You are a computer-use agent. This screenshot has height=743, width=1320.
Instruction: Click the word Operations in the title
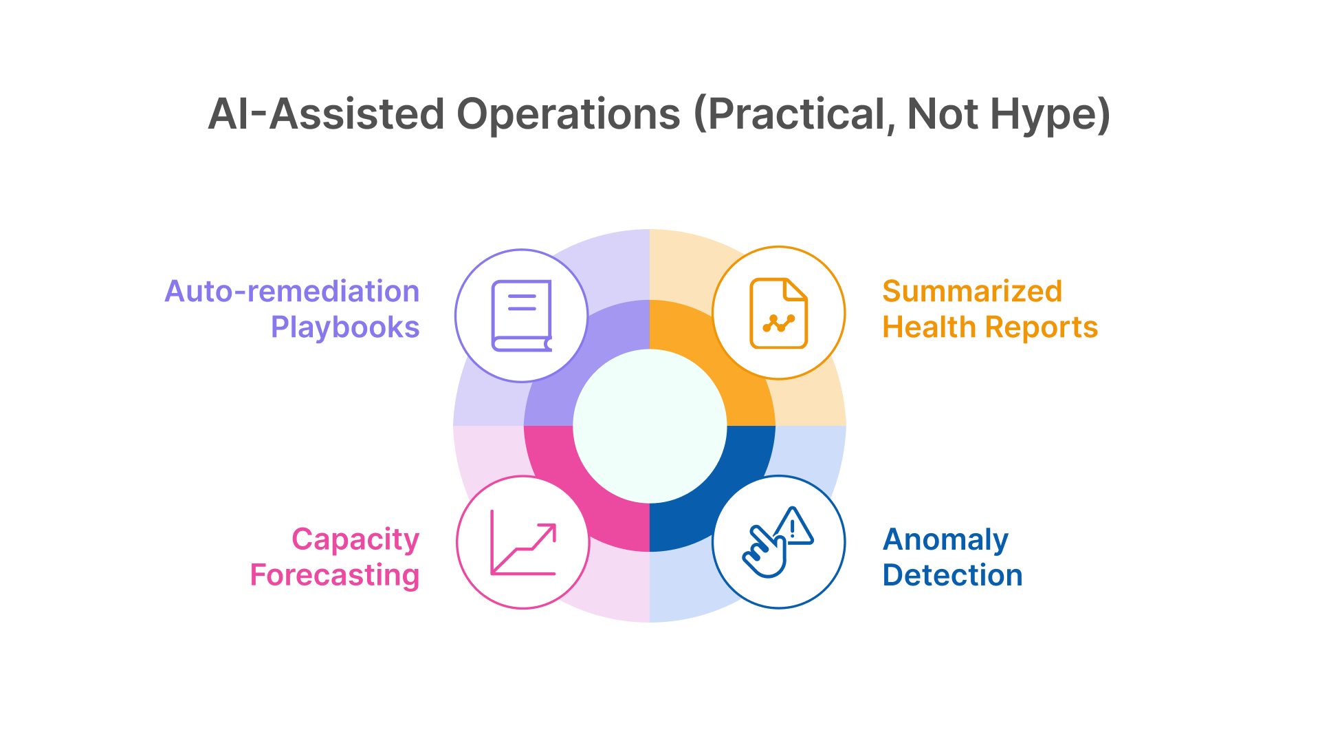tap(568, 114)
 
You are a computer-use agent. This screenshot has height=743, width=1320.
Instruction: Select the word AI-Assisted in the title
tap(326, 114)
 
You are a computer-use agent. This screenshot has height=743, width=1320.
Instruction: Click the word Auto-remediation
tap(292, 292)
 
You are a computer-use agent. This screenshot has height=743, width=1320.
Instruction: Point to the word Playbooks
tap(345, 327)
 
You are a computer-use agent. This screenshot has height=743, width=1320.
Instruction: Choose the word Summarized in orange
tap(972, 292)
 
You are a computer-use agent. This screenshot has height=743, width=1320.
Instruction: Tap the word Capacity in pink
tap(355, 539)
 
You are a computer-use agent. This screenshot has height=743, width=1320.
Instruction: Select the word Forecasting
tap(335, 575)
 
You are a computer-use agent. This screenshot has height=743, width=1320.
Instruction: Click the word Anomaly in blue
tap(945, 539)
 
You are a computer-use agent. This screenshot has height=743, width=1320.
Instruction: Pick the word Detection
tap(952, 575)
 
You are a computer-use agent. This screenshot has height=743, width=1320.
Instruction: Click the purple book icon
tap(522, 316)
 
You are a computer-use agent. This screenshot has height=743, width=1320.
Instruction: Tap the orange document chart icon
tap(778, 314)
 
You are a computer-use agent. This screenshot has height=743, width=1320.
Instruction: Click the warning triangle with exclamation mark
tap(794, 528)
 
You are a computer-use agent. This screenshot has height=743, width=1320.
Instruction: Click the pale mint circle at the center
tap(650, 426)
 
